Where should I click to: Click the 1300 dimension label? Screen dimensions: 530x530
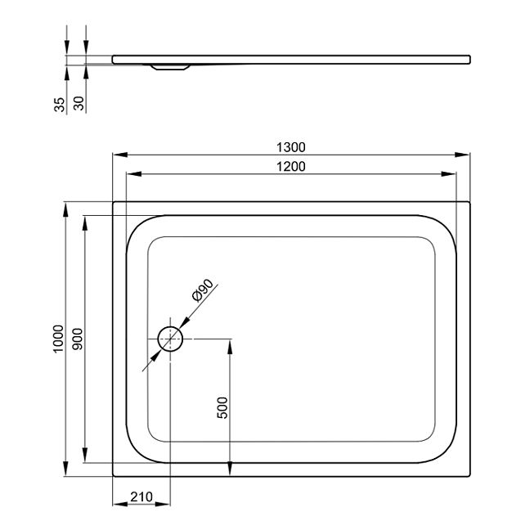(x=290, y=147)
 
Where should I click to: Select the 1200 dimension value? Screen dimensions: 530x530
(x=290, y=167)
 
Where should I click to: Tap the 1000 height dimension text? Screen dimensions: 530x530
(x=58, y=339)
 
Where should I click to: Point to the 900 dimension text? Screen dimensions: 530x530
(x=78, y=339)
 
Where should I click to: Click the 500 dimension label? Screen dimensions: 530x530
(x=222, y=407)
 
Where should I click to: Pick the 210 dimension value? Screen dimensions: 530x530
(x=141, y=497)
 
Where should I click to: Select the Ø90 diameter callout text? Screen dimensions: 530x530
(x=203, y=290)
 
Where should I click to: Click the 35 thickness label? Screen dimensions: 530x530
(x=59, y=105)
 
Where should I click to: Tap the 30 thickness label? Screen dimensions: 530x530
(x=79, y=103)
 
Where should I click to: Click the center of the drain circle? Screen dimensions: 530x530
(x=170, y=339)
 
